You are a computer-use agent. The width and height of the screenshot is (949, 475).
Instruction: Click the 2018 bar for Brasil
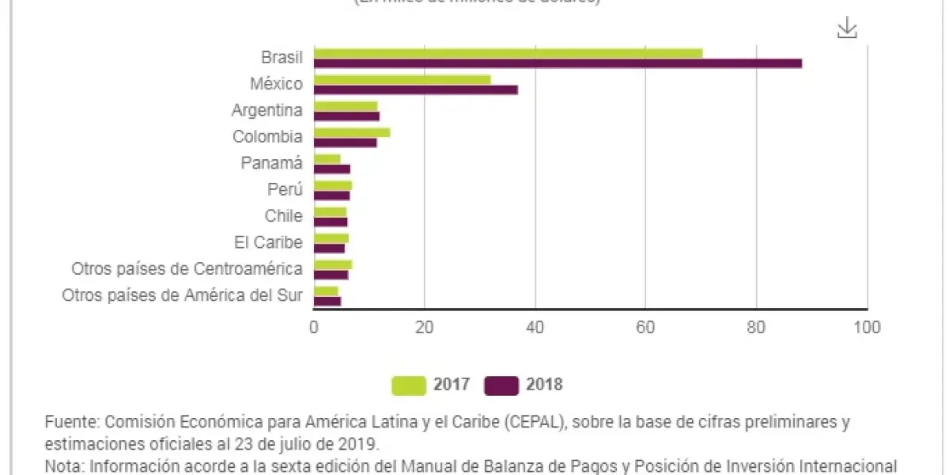point(558,63)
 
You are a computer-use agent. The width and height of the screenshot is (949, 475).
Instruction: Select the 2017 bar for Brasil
point(508,53)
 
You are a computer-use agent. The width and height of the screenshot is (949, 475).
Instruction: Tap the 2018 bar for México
point(416,89)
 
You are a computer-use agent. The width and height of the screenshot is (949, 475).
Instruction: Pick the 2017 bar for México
point(402,79)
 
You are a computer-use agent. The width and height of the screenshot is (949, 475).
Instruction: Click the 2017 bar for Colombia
point(352,132)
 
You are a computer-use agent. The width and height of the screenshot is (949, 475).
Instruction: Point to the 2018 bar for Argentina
point(346,116)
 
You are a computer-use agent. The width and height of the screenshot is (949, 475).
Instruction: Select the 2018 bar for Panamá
point(332,169)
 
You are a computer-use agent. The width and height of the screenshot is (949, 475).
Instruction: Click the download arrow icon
point(847,28)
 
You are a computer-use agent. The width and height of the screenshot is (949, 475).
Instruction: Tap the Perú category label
point(285,189)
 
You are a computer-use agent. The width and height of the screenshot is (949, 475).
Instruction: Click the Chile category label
point(283,216)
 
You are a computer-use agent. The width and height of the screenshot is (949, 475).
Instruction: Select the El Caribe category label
point(268,242)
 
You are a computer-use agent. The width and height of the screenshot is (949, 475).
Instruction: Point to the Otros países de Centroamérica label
point(187,269)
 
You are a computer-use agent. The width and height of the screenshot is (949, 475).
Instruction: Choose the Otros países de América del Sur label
point(182,295)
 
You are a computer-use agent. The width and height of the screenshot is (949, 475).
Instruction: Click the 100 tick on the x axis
point(868,326)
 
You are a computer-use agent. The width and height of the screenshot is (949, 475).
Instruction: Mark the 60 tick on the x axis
point(645,326)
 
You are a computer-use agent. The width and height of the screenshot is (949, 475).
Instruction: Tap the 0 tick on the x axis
point(314,326)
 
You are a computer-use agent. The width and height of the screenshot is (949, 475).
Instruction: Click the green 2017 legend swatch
point(409,386)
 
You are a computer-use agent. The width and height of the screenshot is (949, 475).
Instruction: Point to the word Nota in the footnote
point(63,465)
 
